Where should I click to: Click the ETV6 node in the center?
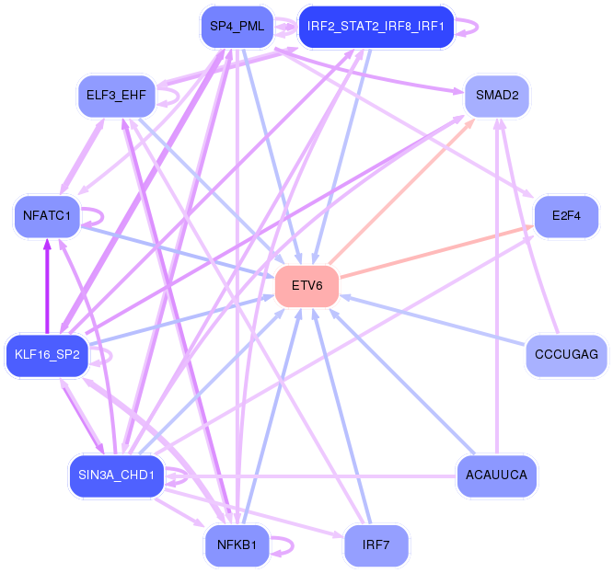coord(306,285)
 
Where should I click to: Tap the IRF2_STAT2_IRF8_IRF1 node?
coord(376,27)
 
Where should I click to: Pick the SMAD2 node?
coord(496,96)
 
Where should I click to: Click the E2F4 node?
coord(566,217)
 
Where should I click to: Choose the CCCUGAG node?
coord(566,354)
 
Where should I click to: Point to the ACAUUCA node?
coord(497,476)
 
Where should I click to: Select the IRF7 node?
coord(376,545)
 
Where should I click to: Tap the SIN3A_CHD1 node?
coord(116,476)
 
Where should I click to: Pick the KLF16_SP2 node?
coord(47,354)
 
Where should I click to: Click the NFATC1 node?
coord(47,217)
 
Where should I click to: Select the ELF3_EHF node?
coord(116,96)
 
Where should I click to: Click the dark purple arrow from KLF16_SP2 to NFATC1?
coord(47,285)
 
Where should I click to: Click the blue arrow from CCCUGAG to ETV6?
coord(433,318)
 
